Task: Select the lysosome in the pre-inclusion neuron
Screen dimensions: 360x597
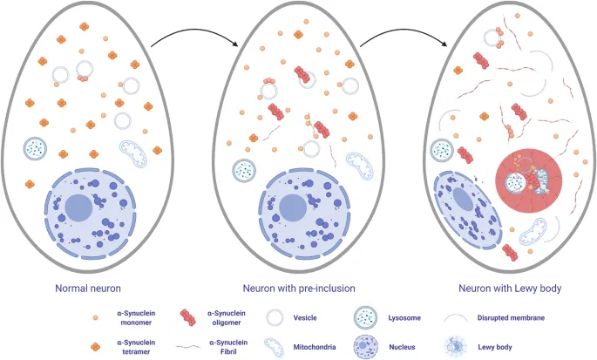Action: point(245,170)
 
